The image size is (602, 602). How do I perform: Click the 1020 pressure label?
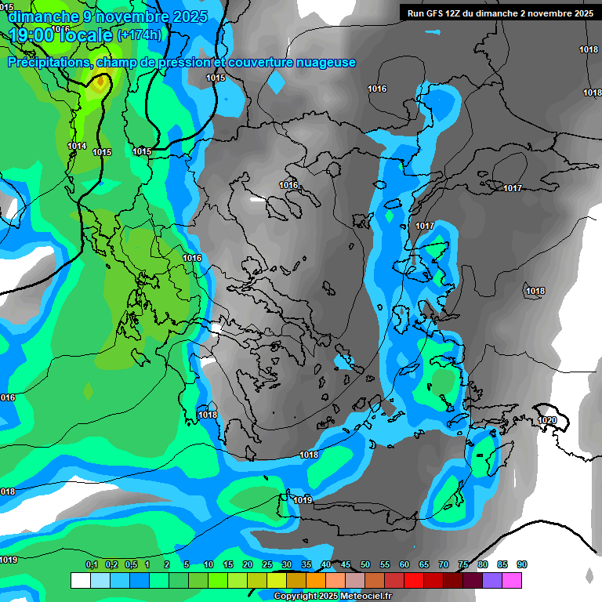click(547, 420)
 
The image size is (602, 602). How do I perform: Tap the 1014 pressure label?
click(77, 146)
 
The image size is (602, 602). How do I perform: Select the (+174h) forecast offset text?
click(139, 35)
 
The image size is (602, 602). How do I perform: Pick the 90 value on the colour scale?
click(522, 565)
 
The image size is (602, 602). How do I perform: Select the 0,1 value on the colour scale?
click(91, 565)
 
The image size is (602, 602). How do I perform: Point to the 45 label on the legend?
click(346, 565)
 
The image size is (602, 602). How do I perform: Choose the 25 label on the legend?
click(267, 565)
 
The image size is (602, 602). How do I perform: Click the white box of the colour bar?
click(80, 580)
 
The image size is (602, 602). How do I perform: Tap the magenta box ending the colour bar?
click(512, 580)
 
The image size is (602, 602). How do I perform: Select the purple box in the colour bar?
click(492, 580)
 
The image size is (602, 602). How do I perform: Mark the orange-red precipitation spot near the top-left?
click(100, 82)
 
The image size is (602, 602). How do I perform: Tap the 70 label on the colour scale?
click(444, 565)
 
